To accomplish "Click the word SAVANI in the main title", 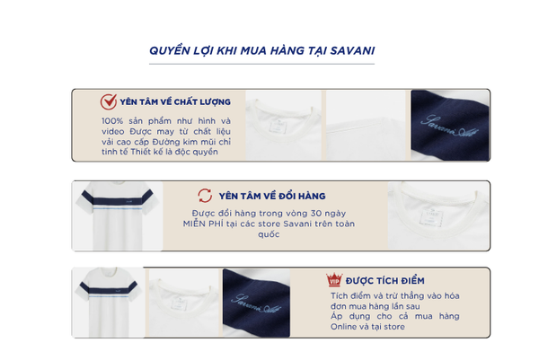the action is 352,51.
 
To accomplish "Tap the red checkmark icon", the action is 109,101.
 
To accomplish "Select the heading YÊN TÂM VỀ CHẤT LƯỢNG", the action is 175,102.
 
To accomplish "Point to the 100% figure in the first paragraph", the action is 112,121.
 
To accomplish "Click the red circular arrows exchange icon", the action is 205,196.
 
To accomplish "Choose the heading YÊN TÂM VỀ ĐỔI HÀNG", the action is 272,196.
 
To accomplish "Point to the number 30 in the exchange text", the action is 316,214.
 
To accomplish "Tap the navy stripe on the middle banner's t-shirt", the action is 117,199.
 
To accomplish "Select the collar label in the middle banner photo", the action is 430,217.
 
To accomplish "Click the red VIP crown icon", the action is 334,280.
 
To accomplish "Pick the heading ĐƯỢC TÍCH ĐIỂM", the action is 385,281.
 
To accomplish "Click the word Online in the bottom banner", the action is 343,327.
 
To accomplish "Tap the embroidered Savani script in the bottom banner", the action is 256,303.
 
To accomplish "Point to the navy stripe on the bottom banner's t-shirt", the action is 109,288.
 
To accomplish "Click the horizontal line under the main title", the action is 261,64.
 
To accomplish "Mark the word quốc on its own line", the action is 269,234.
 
